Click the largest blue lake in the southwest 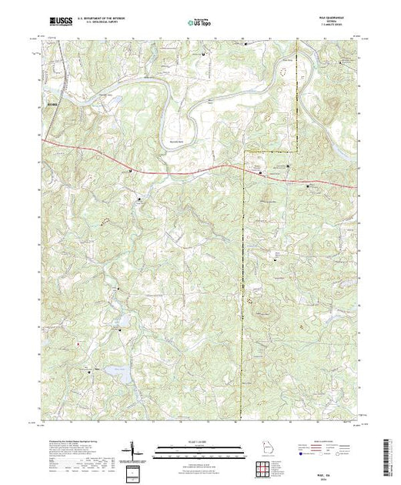115,373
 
